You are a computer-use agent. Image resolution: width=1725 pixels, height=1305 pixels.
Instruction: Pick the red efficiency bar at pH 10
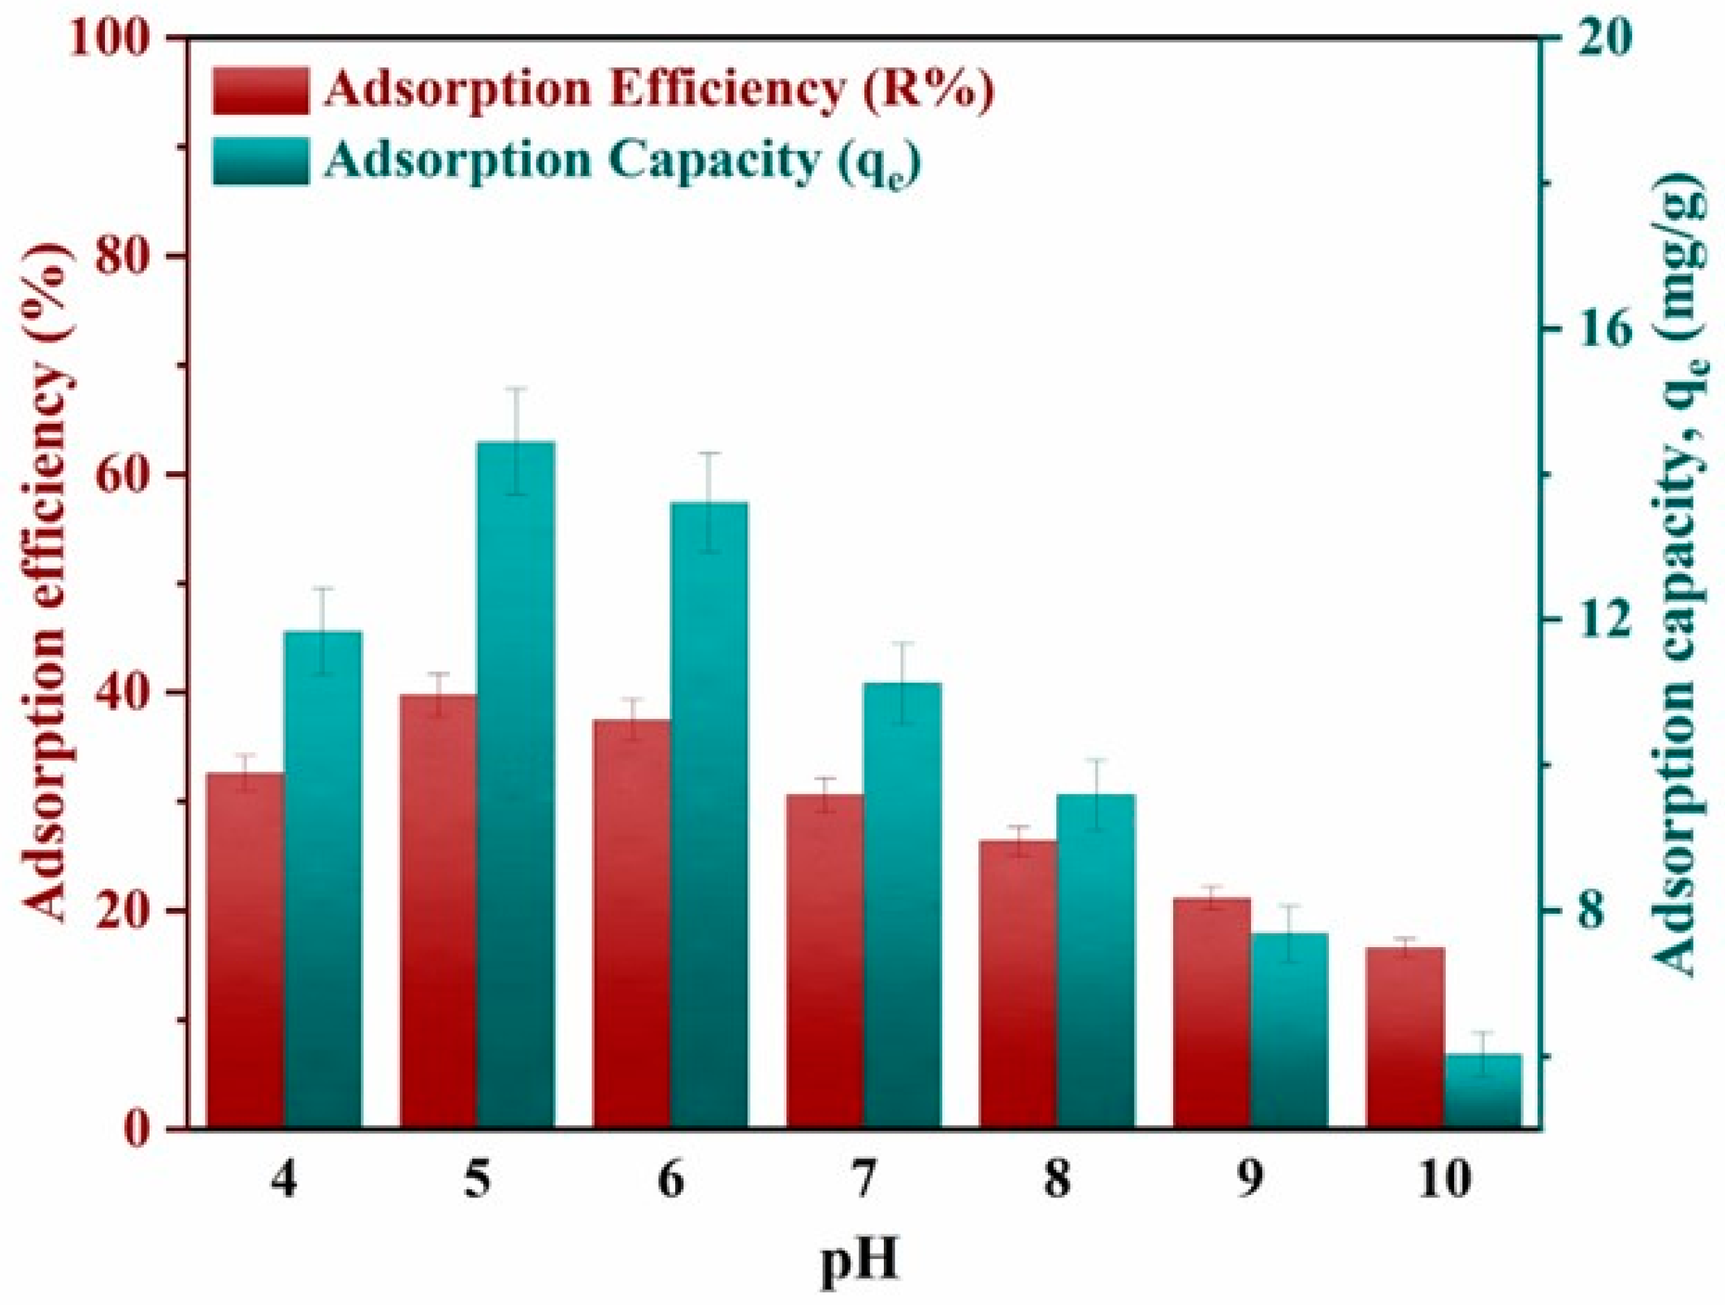click(1405, 1038)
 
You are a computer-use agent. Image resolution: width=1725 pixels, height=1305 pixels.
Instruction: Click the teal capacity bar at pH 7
click(903, 905)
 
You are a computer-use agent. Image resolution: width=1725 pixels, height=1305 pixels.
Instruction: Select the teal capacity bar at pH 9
click(1289, 1030)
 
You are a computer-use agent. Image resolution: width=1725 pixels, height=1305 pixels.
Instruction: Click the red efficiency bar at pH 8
click(1018, 984)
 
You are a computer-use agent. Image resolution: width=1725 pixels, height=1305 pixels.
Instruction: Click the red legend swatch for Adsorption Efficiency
click(260, 91)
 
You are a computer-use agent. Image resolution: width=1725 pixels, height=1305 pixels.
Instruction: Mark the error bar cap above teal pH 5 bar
click(515, 387)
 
